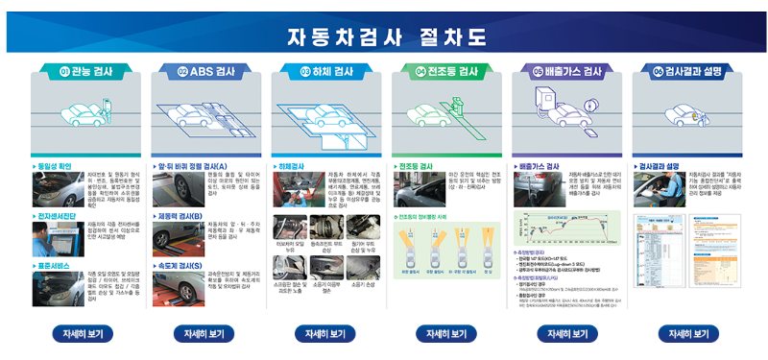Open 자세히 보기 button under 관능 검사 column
point(81,333)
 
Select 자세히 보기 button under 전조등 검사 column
point(445,333)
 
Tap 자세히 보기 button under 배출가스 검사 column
point(567,333)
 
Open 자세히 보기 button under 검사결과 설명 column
point(689,333)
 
